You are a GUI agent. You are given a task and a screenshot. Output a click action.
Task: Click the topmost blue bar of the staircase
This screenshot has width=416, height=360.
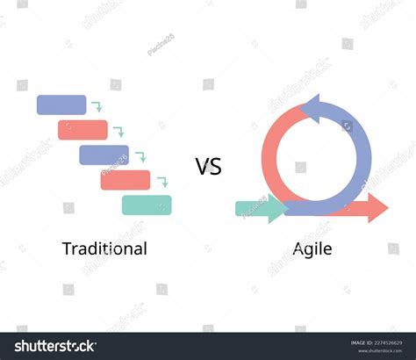[61, 104]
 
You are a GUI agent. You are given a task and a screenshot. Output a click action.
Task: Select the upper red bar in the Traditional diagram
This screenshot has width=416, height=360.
[82, 130]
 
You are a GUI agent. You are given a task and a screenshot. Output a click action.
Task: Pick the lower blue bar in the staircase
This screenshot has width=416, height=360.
[104, 155]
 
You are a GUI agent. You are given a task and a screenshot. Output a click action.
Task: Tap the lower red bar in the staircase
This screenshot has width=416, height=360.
[125, 179]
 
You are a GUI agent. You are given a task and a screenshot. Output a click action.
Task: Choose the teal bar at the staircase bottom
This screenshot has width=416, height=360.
[146, 205]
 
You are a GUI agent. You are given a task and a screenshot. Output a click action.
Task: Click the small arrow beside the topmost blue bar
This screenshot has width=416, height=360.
[97, 107]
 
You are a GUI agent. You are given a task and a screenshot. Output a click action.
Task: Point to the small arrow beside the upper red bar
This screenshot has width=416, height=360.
[118, 132]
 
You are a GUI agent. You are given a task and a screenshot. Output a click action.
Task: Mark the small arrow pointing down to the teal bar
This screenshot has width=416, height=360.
[161, 182]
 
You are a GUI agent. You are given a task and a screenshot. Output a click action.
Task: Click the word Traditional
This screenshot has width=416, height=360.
[104, 248]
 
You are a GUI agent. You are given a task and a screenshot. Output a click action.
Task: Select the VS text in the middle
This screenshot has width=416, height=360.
[208, 166]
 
